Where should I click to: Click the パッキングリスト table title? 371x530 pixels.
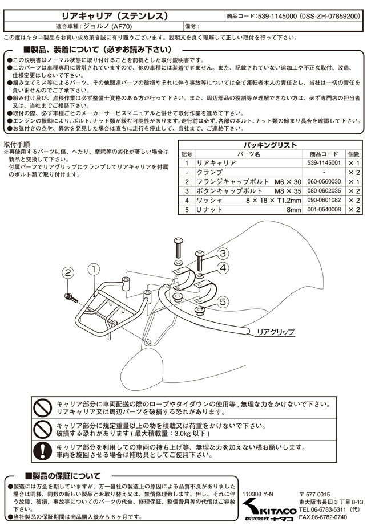[271, 145]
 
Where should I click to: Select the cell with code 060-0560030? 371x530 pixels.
[324, 182]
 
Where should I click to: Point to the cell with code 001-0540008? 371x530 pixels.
[324, 210]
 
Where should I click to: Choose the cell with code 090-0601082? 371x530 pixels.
[324, 201]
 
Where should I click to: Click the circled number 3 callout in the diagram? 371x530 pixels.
[223, 254]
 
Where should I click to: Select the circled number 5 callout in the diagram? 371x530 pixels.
[223, 301]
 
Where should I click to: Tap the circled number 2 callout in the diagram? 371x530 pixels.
[67, 274]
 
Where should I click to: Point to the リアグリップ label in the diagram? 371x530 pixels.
[276, 331]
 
